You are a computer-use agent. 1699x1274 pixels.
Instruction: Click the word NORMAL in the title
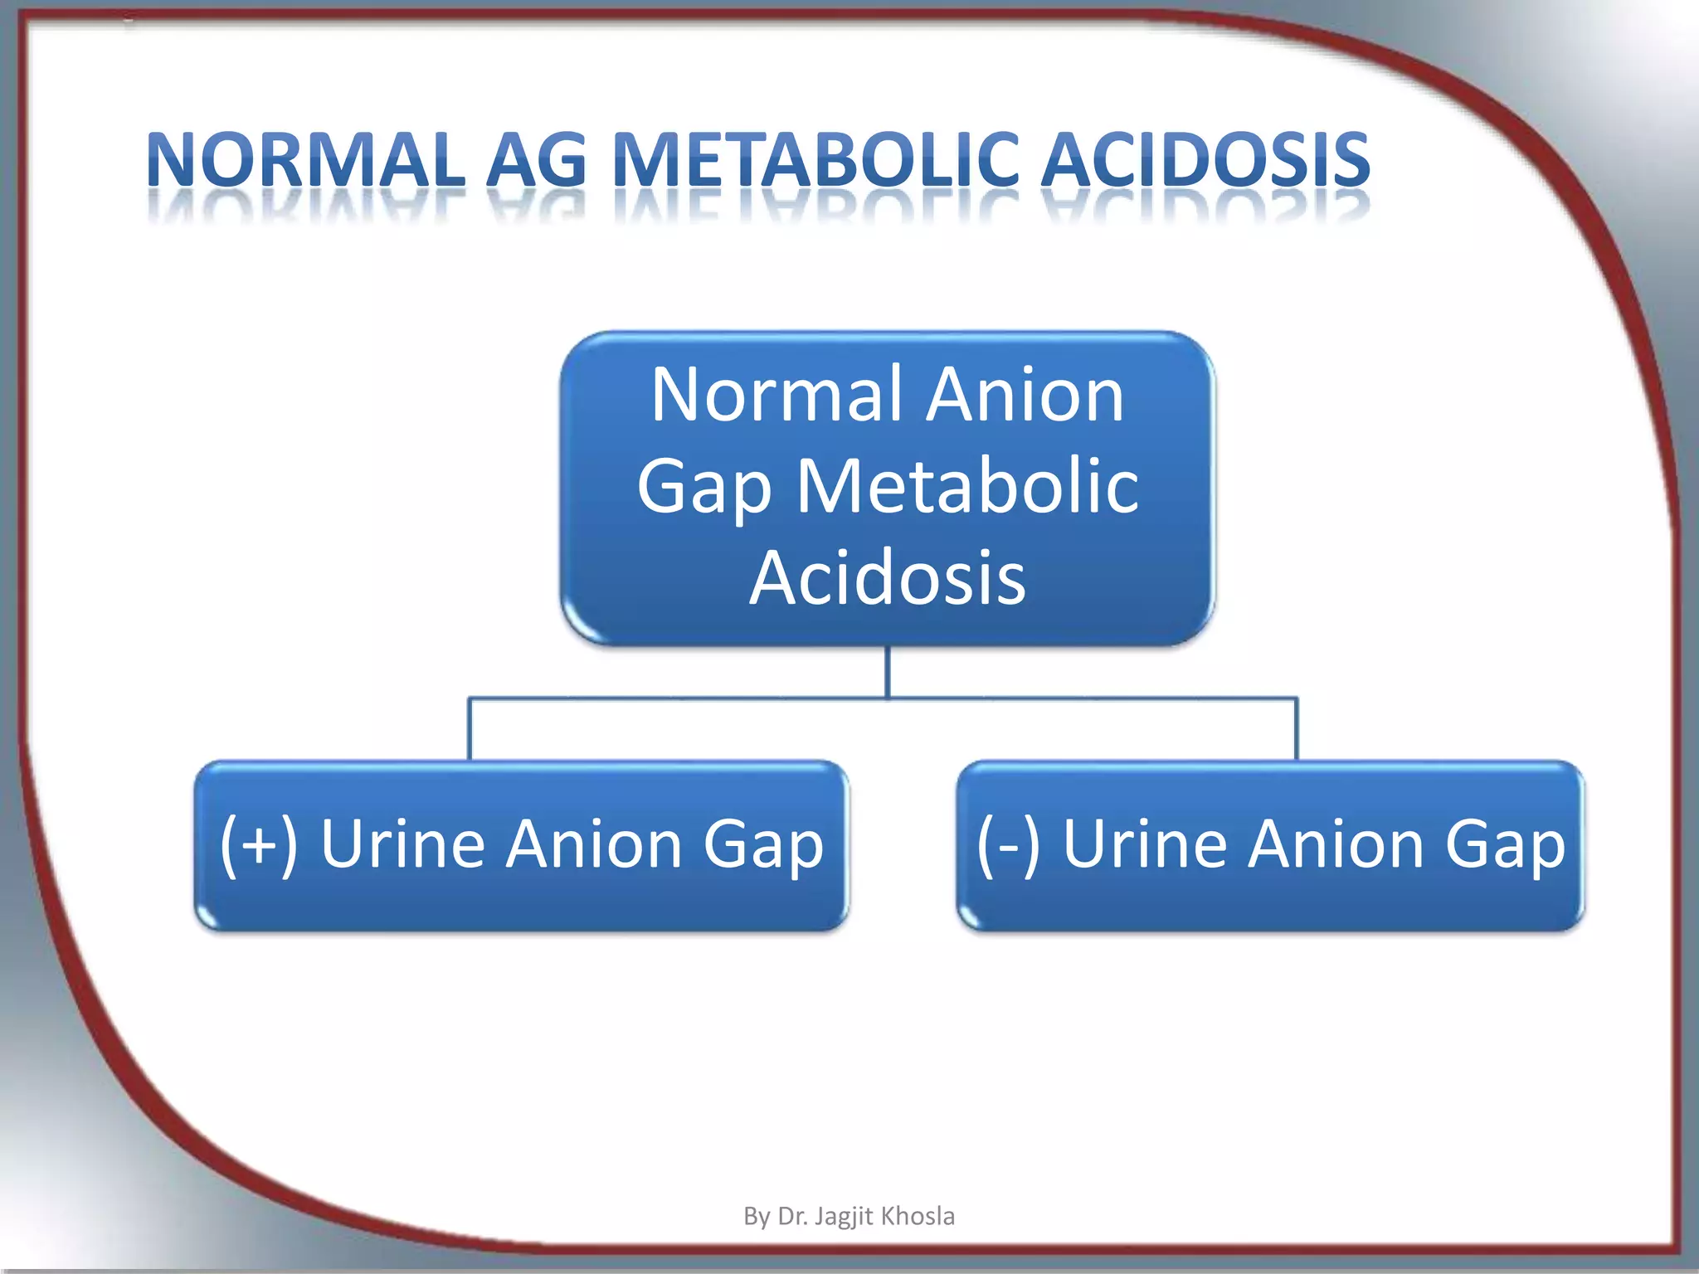click(x=305, y=159)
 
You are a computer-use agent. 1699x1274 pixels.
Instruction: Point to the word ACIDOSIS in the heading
click(x=1205, y=159)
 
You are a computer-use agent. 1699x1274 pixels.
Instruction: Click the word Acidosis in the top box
click(x=888, y=578)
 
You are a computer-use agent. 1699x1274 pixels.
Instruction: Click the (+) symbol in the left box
click(x=259, y=844)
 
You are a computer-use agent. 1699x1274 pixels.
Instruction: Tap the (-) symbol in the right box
click(x=1008, y=844)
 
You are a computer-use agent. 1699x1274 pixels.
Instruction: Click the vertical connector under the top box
click(x=888, y=670)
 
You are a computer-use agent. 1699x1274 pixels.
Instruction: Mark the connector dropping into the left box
click(x=470, y=730)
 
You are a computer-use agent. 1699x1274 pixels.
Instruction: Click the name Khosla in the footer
click(x=918, y=1216)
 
